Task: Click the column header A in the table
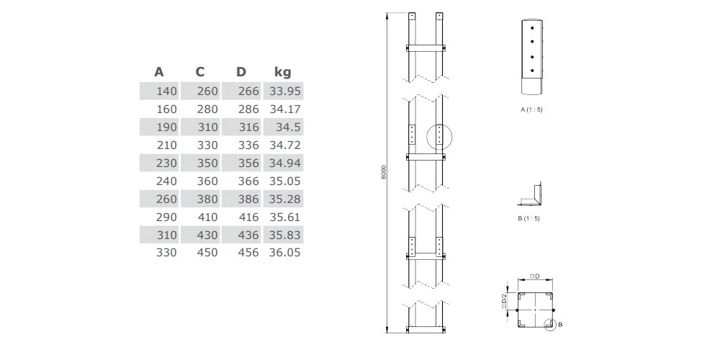[159, 72]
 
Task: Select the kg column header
[283, 72]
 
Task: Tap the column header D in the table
[241, 72]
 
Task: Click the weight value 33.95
[284, 91]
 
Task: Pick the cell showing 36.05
[284, 253]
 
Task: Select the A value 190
[166, 127]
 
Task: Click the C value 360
[207, 181]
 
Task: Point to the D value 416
[248, 217]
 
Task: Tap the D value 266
[248, 91]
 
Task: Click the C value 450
[207, 253]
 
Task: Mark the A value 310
[166, 235]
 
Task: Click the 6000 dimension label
[384, 172]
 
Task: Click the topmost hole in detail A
[532, 27]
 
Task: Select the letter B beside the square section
[560, 325]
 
